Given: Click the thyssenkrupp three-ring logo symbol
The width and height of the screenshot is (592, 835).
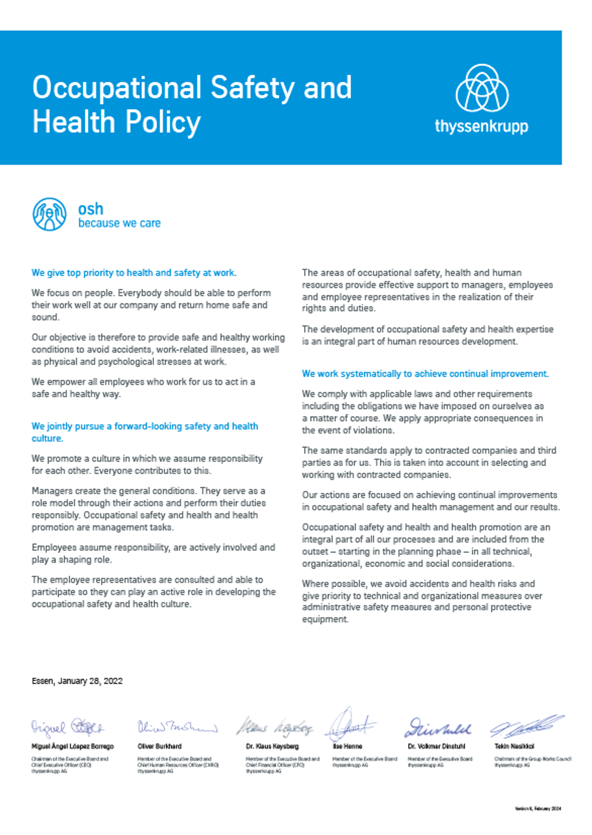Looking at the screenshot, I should point(482,88).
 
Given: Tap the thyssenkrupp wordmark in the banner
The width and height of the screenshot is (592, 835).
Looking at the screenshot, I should point(481,126).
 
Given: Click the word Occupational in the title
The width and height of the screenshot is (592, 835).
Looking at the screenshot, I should point(117,87).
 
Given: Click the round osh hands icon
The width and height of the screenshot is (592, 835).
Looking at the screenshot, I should point(49,215).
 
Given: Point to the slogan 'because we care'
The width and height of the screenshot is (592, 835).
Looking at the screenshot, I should point(119,223).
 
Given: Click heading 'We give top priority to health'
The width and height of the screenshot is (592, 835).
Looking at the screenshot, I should point(134,273).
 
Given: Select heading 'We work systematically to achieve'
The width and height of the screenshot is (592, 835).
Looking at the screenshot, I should point(425,374).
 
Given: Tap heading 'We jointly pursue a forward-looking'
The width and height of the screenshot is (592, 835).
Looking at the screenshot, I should point(144,426).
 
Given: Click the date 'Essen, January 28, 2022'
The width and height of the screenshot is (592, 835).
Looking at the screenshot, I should point(77,681).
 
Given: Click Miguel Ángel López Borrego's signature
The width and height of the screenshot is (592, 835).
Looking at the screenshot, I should point(67,727).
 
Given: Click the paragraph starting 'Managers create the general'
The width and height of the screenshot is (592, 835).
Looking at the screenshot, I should point(148,509).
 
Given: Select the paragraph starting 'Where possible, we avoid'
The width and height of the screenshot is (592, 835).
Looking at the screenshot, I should point(422,602).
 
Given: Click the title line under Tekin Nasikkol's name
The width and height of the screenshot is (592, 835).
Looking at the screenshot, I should point(532,759).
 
